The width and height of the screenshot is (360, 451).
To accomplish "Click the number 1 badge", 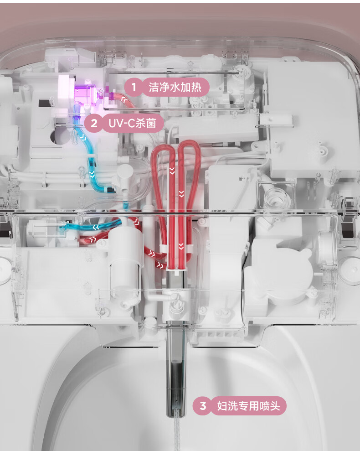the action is coord(134,87).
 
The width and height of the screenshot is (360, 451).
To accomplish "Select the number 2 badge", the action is coord(94,123).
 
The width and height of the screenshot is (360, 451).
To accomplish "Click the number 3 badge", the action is coord(203,405).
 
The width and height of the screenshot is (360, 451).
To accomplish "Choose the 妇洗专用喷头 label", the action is coord(248,405).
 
